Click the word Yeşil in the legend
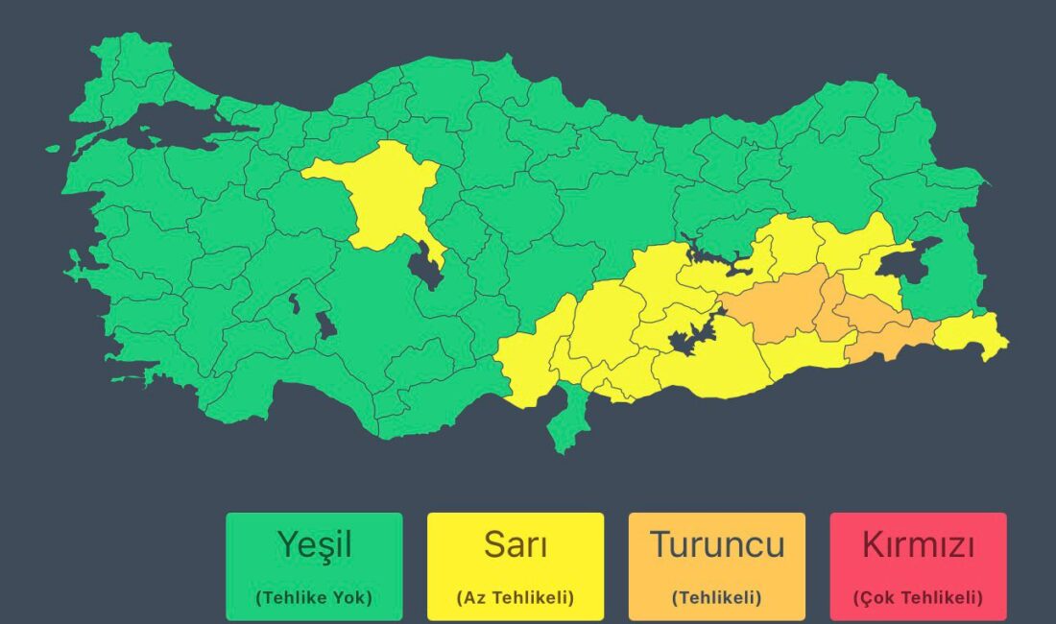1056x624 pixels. (314, 544)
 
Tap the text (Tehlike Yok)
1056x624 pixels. (314, 597)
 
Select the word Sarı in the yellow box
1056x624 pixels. (516, 544)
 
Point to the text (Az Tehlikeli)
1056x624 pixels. (516, 597)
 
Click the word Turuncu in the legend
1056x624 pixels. (717, 544)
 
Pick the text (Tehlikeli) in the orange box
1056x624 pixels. (717, 597)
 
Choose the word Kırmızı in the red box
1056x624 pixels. (919, 544)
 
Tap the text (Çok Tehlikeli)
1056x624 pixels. (919, 597)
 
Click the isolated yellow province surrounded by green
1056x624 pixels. (379, 197)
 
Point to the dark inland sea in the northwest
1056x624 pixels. (168, 125)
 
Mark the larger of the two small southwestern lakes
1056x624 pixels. (326, 324)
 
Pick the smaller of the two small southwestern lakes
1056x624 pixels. (294, 303)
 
